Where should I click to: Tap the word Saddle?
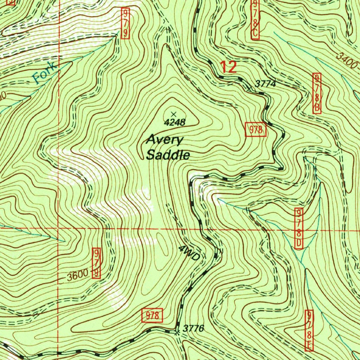point(168,155)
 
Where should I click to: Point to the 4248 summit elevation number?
point(175,122)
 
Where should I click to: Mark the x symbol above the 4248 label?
point(173,114)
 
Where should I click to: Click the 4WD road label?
point(189,253)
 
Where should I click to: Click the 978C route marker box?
point(255,19)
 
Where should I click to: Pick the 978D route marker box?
point(299,229)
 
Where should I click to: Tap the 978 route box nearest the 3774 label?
point(256,130)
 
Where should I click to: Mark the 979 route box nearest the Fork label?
point(126,24)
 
